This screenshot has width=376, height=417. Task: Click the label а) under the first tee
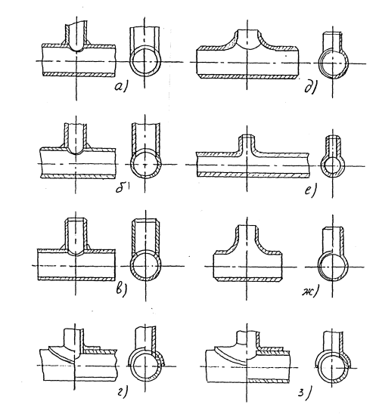point(120,87)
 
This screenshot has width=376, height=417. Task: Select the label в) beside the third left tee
point(121,289)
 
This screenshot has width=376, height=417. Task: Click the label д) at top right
point(310,88)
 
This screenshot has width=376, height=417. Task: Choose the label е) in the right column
point(310,190)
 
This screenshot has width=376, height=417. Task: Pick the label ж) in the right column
point(310,292)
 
